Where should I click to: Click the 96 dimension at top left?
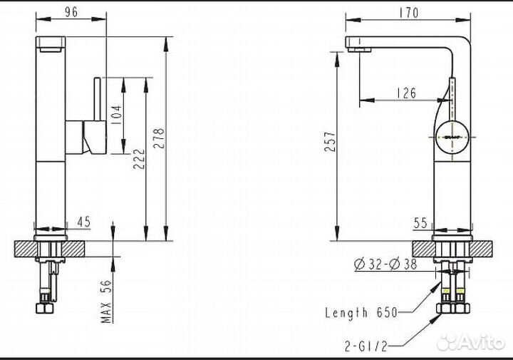(x=70, y=11)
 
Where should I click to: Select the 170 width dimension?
(x=410, y=12)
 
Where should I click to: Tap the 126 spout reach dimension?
(x=405, y=92)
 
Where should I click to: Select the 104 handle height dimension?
(x=117, y=112)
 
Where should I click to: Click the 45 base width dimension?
(x=84, y=222)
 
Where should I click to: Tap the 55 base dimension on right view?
(x=420, y=223)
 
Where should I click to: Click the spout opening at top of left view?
(x=51, y=48)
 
